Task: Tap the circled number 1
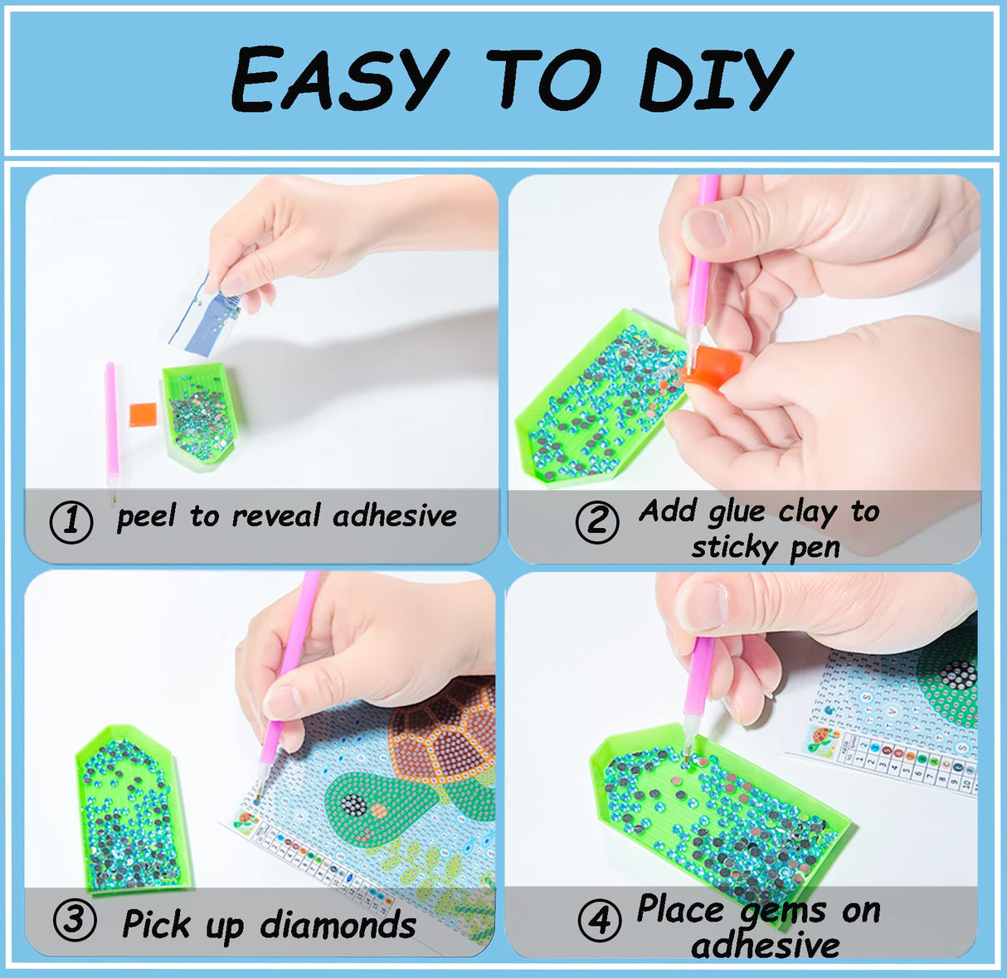(x=71, y=521)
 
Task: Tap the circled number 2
(x=597, y=522)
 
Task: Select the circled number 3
(x=75, y=920)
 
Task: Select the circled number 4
(x=599, y=921)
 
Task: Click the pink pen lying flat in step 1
(x=111, y=423)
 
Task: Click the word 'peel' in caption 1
(x=146, y=517)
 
